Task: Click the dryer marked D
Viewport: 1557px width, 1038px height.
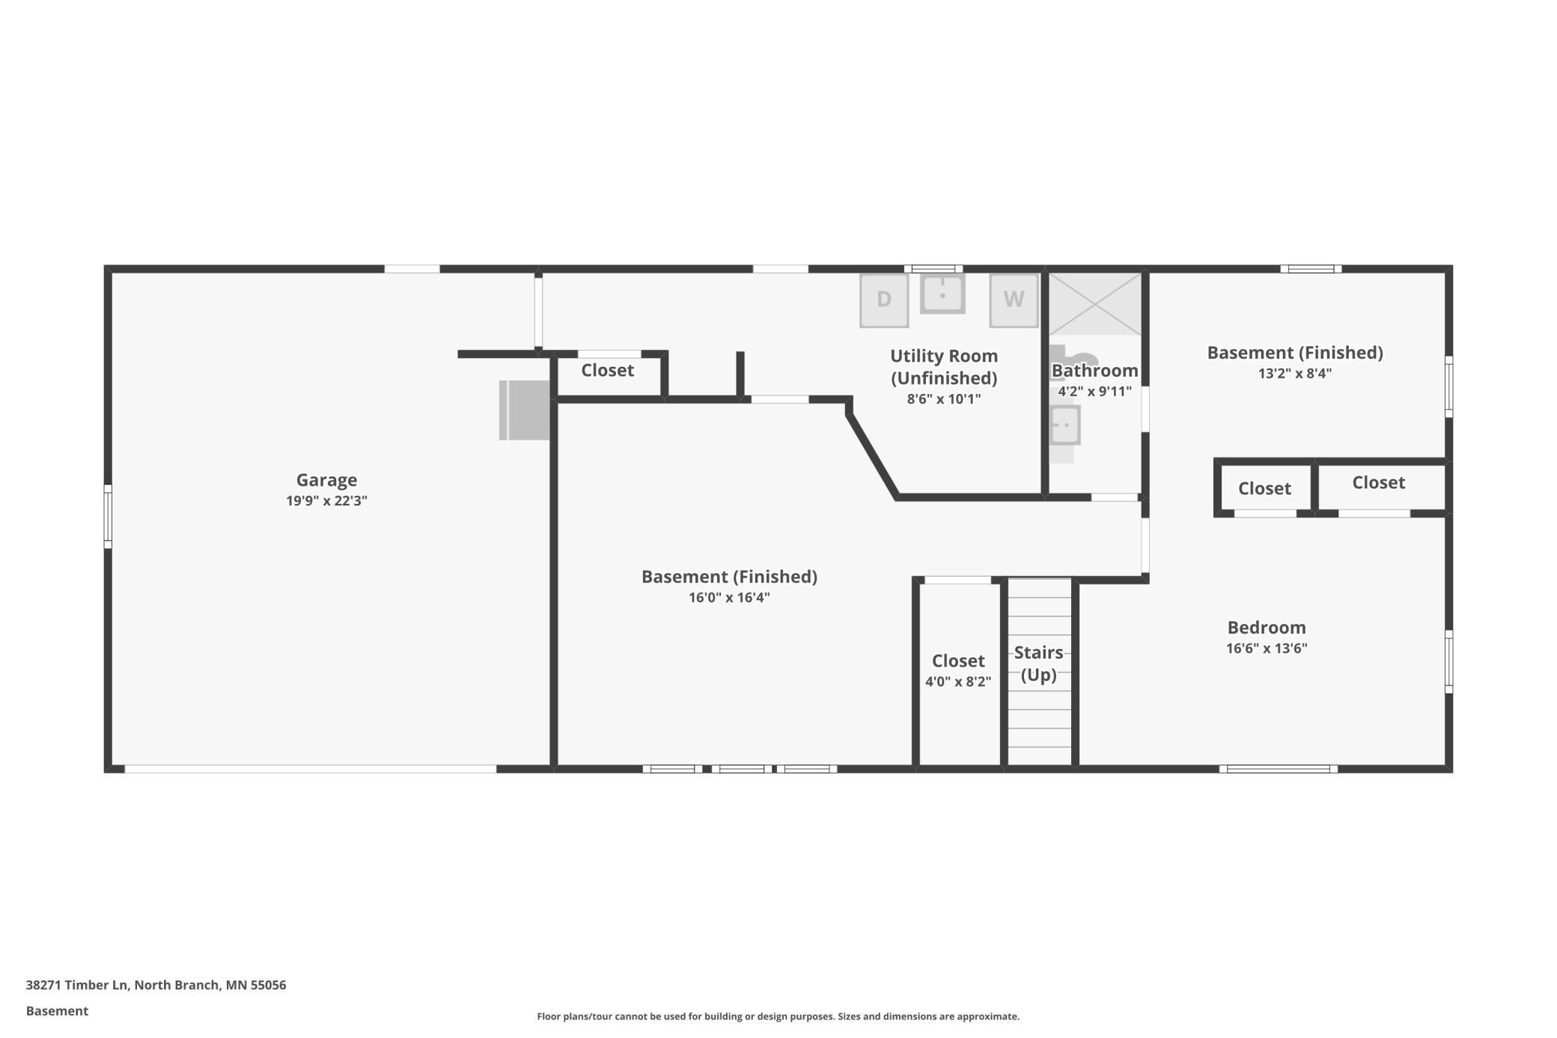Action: [x=883, y=300]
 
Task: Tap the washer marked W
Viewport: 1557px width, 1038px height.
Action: [x=1014, y=300]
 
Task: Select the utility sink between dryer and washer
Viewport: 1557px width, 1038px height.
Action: [x=942, y=294]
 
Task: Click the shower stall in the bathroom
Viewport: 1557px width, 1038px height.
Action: [x=1094, y=304]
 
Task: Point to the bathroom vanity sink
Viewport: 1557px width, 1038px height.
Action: [x=1064, y=425]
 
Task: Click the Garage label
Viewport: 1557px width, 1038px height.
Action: [x=326, y=480]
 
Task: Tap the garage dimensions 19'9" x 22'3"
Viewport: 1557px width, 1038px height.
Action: [x=326, y=501]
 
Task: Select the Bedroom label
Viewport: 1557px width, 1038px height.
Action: [x=1266, y=628]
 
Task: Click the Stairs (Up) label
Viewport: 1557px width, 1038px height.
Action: [x=1038, y=664]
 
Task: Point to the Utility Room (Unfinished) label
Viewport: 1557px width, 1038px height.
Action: [x=943, y=366]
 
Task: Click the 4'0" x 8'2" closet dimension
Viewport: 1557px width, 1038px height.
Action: [x=957, y=682]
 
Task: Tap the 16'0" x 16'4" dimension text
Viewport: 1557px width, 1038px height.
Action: [x=729, y=598]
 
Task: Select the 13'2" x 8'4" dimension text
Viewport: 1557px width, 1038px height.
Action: [x=1294, y=373]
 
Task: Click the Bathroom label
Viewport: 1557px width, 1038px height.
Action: [x=1094, y=371]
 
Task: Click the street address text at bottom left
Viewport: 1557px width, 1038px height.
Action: [x=156, y=985]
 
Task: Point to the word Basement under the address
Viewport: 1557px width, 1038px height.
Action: [x=57, y=1011]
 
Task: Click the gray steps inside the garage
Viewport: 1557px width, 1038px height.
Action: [x=524, y=410]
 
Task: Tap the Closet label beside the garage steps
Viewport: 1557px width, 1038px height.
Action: [x=607, y=370]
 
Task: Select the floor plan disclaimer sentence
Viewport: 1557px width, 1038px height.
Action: [x=778, y=1016]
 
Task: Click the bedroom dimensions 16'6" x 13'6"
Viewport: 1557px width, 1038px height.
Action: [x=1266, y=649]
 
